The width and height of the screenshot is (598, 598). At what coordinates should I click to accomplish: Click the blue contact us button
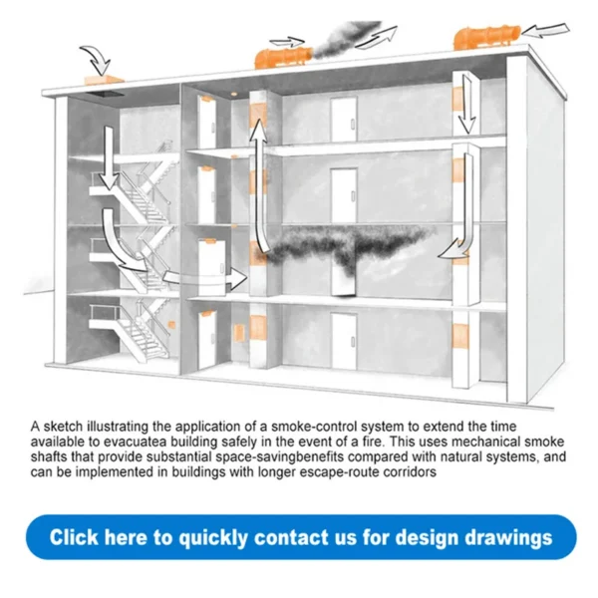[x=301, y=537]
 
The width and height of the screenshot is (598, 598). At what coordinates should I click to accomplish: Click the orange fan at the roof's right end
[x=487, y=37]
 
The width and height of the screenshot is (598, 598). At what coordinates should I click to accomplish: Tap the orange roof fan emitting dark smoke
[x=284, y=58]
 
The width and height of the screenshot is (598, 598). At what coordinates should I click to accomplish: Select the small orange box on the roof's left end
[x=104, y=80]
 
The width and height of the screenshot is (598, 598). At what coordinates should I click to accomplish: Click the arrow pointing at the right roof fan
[x=544, y=31]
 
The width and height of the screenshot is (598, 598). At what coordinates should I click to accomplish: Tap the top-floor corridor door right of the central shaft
[x=344, y=120]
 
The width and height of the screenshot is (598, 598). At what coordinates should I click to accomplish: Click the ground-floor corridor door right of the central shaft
[x=344, y=341]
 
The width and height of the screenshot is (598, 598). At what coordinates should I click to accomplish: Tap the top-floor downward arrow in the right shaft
[x=466, y=104]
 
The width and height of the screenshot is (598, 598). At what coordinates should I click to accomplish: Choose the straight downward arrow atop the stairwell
[x=109, y=157]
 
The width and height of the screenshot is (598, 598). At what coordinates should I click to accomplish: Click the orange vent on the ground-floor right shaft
[x=459, y=337]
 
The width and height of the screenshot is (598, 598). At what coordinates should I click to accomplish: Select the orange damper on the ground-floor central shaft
[x=258, y=328]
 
